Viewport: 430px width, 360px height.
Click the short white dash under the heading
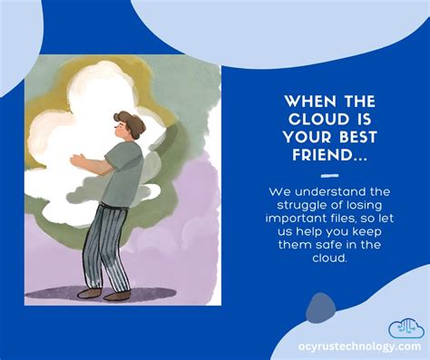point(328,175)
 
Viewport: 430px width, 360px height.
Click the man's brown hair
point(128,121)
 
